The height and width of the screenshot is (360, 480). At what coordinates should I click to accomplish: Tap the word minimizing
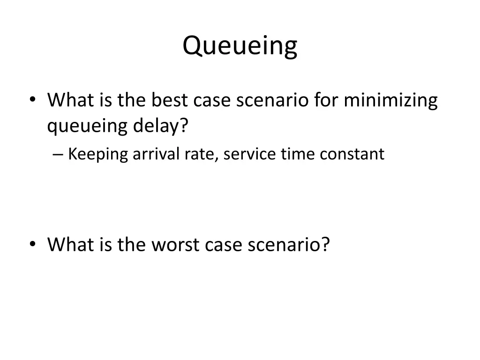390,100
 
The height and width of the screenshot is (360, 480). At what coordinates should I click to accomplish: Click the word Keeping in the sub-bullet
98,154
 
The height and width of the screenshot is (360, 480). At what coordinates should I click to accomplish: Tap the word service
250,154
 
